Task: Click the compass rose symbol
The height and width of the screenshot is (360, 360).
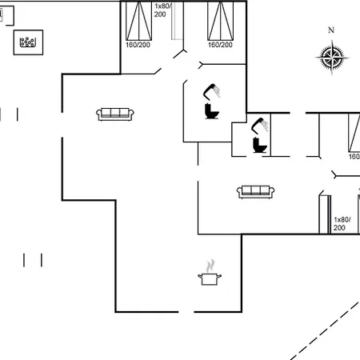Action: tap(332, 57)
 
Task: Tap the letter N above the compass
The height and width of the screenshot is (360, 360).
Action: tap(331, 30)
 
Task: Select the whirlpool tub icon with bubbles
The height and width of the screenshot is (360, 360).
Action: tap(28, 42)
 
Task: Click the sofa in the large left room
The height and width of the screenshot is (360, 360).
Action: tap(115, 114)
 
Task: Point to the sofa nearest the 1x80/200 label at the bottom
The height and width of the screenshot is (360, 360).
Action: tap(255, 192)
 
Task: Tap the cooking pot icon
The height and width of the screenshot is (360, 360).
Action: tap(210, 279)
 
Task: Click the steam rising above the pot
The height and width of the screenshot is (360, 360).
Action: tap(210, 266)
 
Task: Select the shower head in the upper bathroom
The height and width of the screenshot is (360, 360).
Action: tap(212, 91)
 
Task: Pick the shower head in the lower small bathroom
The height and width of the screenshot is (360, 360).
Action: tap(260, 126)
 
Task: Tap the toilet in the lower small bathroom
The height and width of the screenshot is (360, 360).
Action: tap(260, 146)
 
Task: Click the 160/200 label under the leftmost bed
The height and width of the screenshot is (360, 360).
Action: tap(138, 45)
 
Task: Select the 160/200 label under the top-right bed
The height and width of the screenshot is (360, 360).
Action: tap(220, 45)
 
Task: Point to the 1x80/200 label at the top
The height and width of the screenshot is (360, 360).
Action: tap(162, 10)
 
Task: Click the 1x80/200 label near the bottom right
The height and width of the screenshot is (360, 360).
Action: tap(342, 223)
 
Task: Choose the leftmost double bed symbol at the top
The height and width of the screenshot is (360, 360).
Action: tap(138, 21)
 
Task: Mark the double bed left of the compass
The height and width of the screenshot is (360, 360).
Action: tap(221, 21)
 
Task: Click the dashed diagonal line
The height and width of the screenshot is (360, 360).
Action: tap(325, 330)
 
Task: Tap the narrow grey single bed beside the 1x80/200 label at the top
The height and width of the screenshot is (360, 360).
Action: tap(177, 21)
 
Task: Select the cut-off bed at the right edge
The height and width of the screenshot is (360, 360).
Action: tap(354, 133)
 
